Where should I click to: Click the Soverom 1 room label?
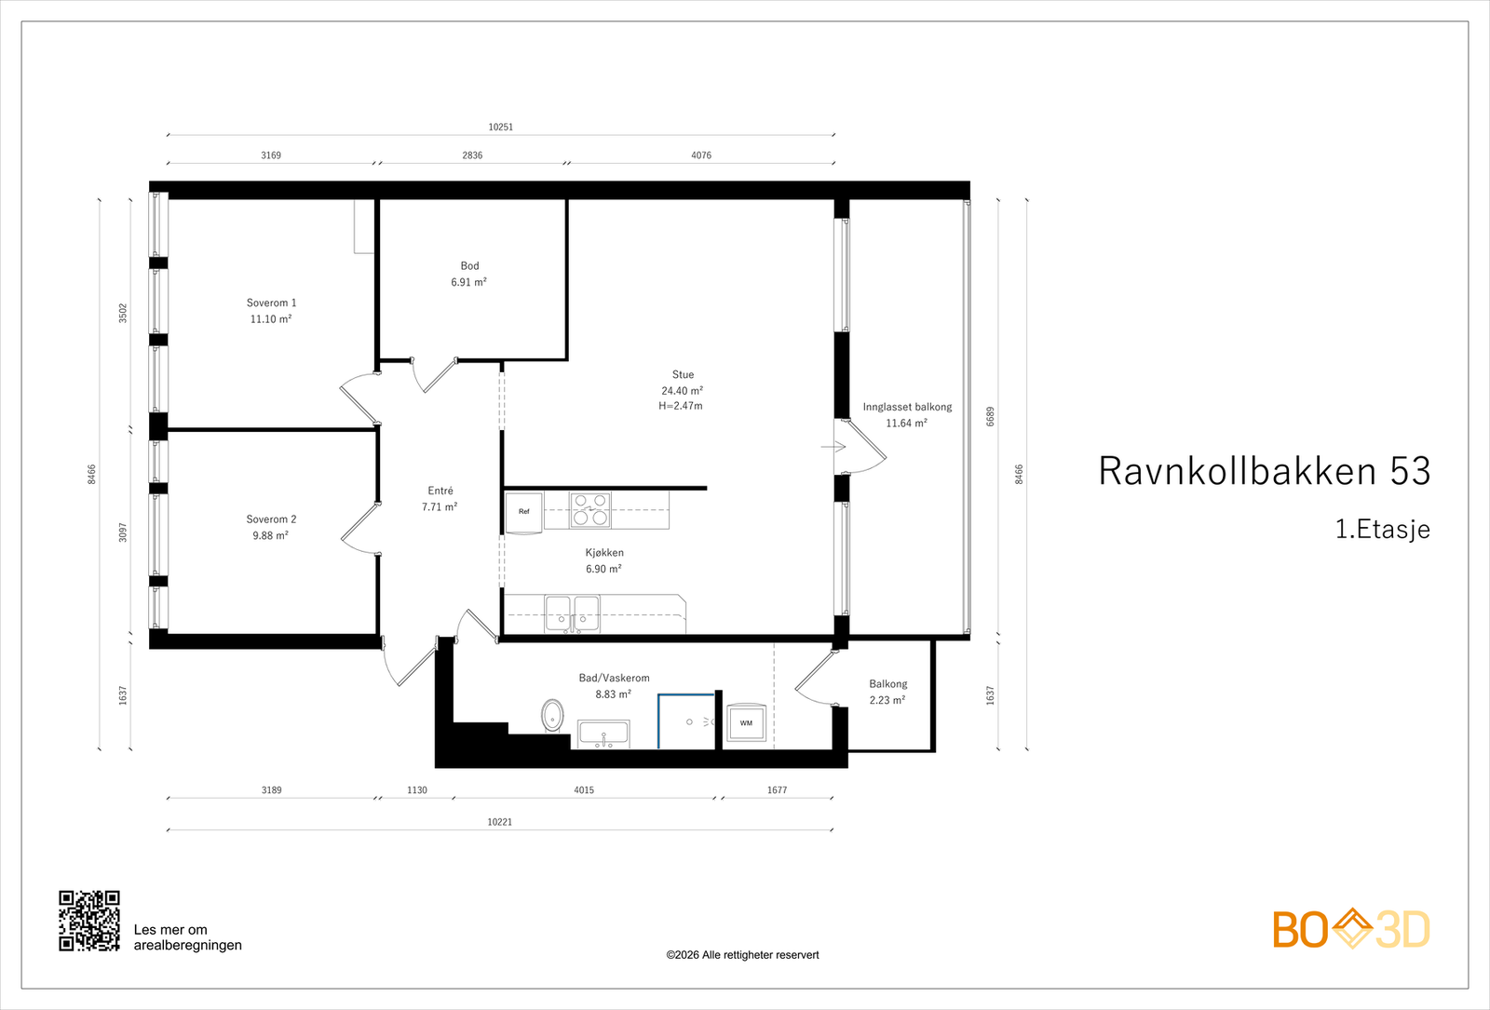pos(271,303)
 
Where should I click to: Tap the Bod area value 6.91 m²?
pos(468,282)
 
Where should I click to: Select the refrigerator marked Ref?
pos(523,512)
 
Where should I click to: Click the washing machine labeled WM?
pos(745,723)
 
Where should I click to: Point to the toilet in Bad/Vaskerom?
pos(552,716)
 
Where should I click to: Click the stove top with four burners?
pos(590,510)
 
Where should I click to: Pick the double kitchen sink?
pos(572,613)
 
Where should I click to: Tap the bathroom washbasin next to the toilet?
pos(603,734)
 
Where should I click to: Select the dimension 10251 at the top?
pos(500,127)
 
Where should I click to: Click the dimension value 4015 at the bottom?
pos(583,790)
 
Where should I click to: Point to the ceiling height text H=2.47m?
pos(681,406)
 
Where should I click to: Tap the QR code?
pos(89,921)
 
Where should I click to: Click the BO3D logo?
pos(1350,929)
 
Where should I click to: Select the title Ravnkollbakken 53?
pos(1264,471)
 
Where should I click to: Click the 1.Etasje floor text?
pos(1382,529)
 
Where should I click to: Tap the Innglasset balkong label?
pos(906,407)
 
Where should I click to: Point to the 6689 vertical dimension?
pos(991,416)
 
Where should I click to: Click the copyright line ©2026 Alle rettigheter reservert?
pos(742,955)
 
